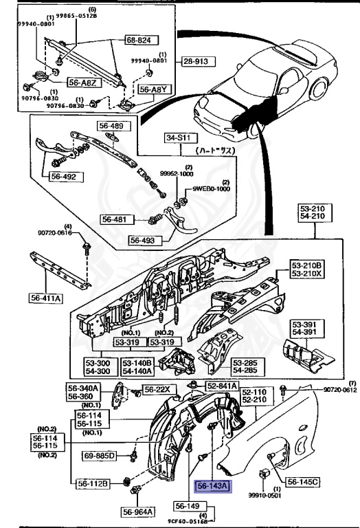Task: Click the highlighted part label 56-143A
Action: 214,487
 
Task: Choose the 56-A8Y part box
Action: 153,89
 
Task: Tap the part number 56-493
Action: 145,241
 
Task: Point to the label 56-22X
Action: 162,390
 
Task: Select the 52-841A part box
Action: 223,386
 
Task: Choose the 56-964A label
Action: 139,511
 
